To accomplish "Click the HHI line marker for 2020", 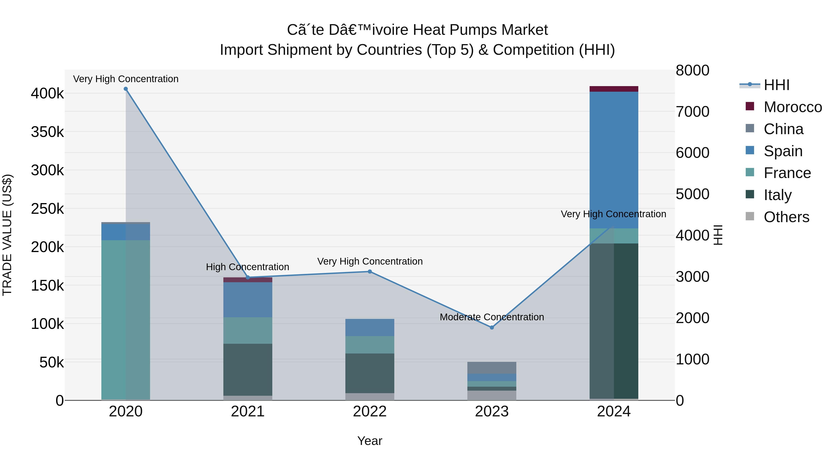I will tap(126, 89).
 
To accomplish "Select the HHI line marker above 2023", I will tap(492, 327).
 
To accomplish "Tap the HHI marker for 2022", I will tap(370, 272).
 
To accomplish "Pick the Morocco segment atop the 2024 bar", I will tap(613, 89).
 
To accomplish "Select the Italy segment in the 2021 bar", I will tap(248, 370).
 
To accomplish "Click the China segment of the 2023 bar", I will tap(492, 367).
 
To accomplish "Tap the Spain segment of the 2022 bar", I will tap(370, 327).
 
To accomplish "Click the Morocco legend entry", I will tap(792, 107).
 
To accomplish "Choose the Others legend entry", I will tap(786, 217).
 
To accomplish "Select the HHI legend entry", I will tap(776, 85).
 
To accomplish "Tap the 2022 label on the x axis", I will tap(370, 412).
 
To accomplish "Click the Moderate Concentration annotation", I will tap(492, 317).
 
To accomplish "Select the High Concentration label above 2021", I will tap(248, 267).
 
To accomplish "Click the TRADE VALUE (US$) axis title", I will tap(7, 235).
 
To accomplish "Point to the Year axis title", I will tap(370, 441).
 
